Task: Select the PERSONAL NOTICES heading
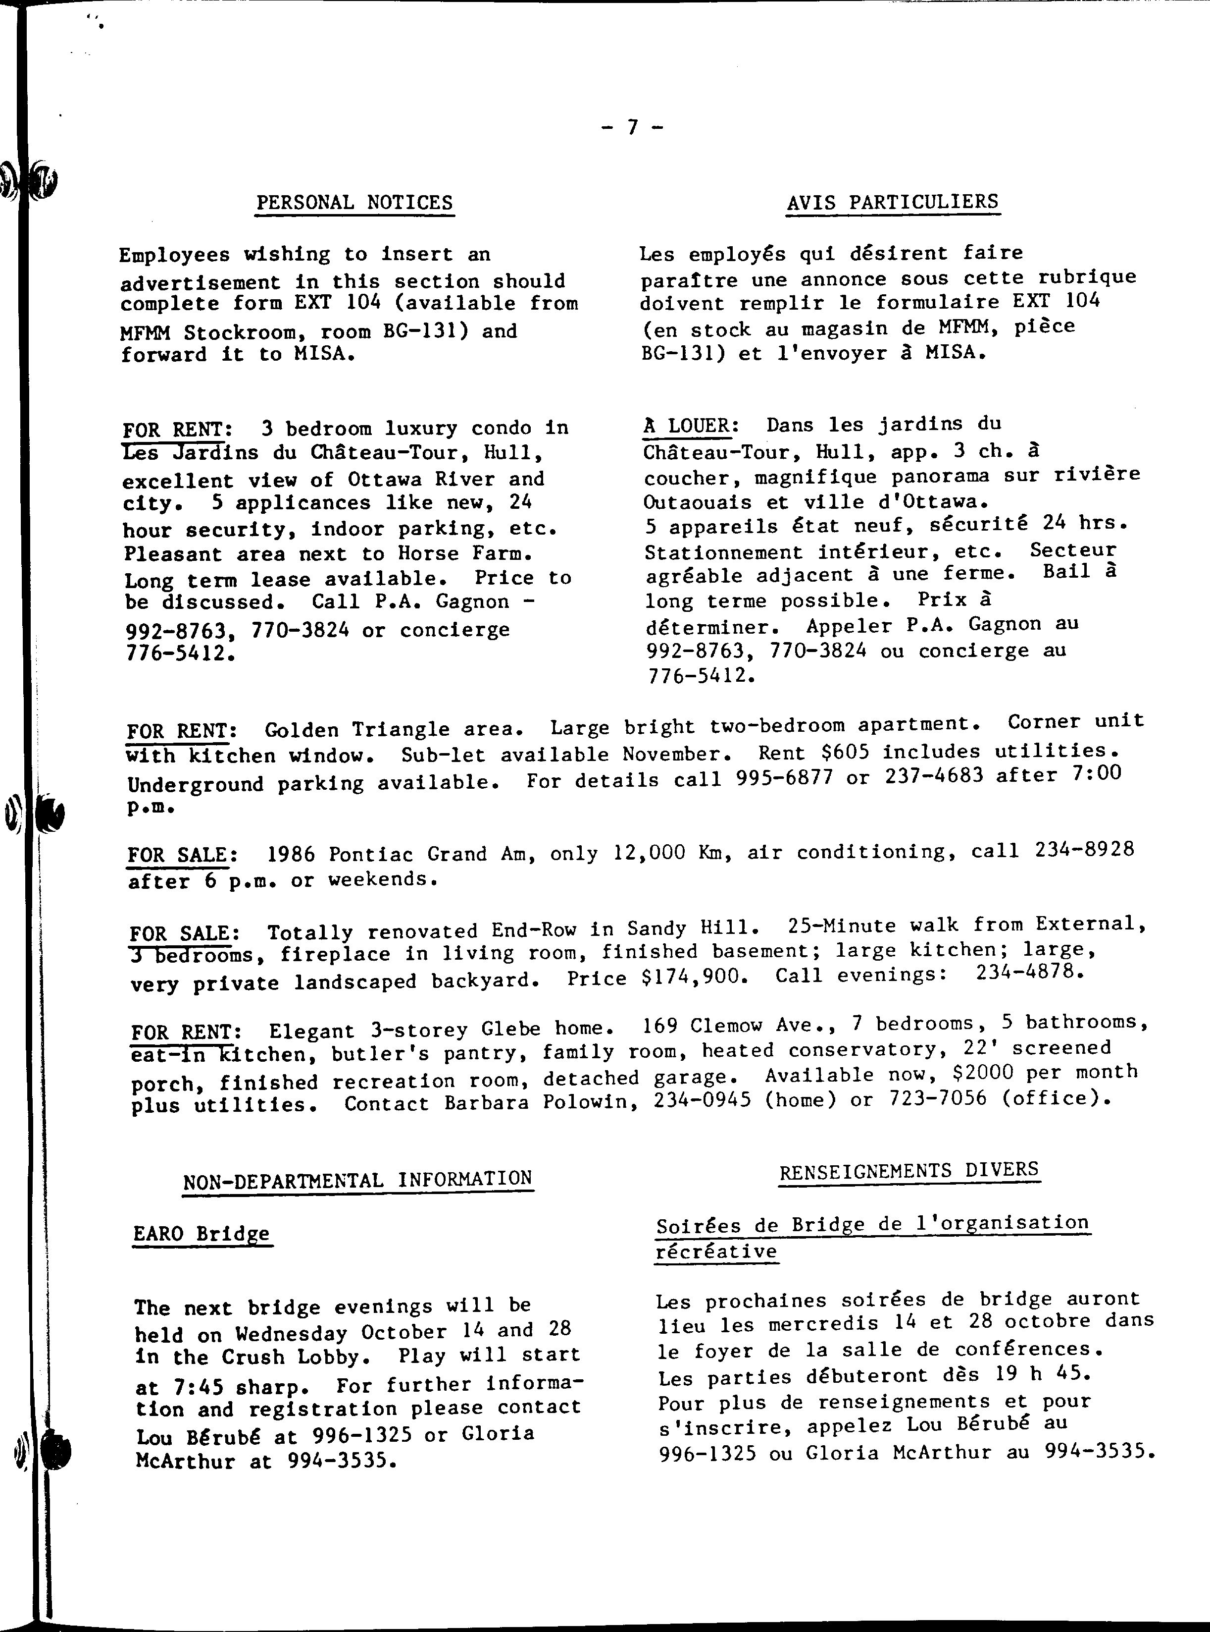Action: coord(354,202)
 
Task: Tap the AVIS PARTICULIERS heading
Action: coord(893,202)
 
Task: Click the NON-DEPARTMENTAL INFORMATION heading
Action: coord(357,1180)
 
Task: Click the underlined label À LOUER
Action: coord(691,426)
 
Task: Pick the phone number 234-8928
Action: coord(1084,849)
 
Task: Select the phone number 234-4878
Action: coord(1029,972)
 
